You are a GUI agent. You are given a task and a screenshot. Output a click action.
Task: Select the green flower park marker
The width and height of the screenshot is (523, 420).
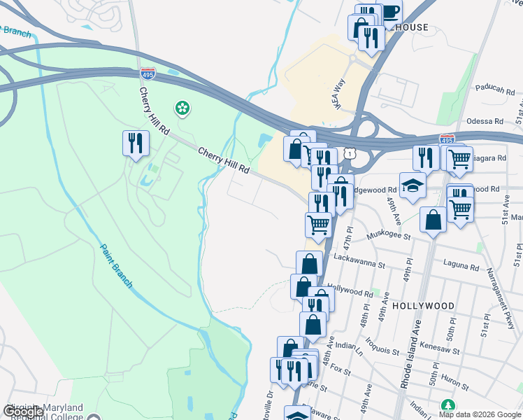[182, 108]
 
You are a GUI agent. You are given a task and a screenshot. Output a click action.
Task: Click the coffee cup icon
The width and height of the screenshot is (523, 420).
[390, 13]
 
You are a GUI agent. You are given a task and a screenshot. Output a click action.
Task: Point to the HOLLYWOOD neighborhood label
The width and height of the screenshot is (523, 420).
[423, 306]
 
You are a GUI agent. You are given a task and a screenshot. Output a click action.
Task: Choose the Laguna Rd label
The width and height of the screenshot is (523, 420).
[461, 267]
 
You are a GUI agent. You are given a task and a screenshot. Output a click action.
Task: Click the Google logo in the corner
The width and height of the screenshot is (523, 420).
[23, 411]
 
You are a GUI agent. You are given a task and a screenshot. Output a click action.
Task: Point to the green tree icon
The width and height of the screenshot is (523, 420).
[447, 405]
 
